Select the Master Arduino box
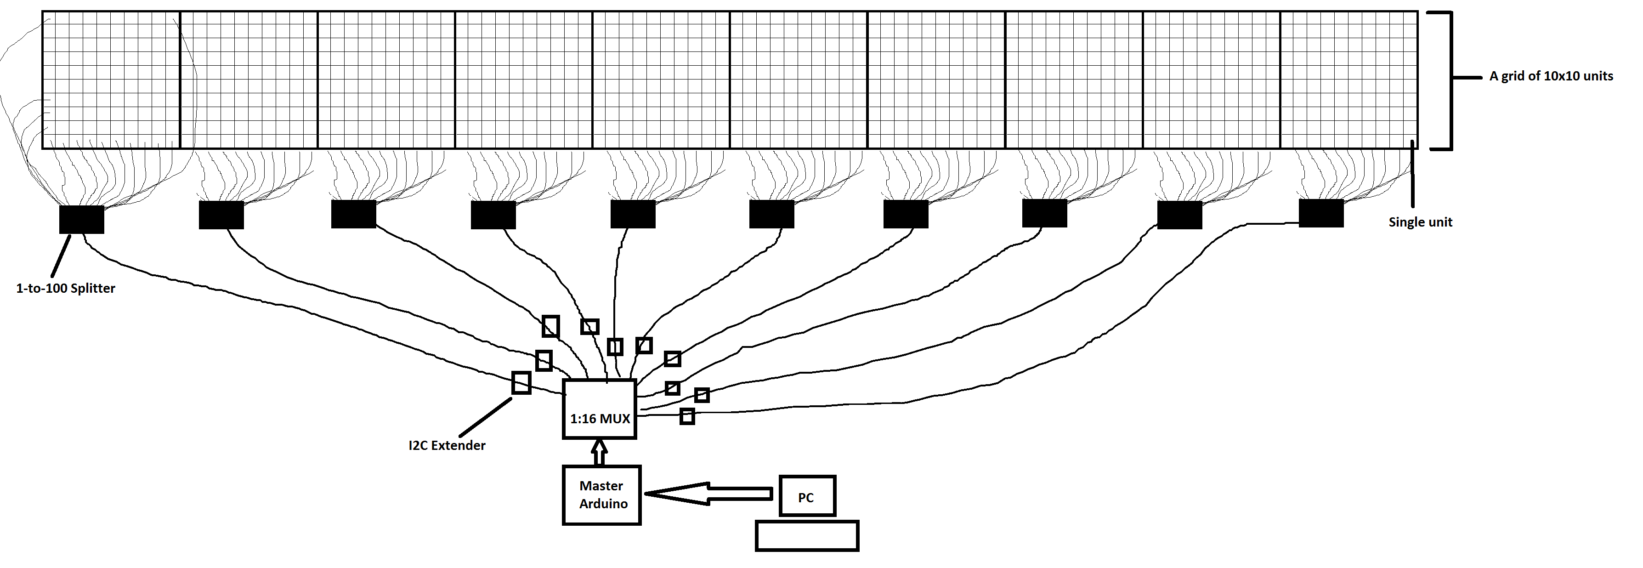tap(601, 495)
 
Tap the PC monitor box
tap(807, 496)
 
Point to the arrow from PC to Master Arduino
tap(708, 494)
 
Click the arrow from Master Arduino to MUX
tap(599, 452)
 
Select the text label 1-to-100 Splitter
tap(66, 289)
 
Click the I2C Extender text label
tap(447, 445)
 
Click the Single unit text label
tap(1421, 222)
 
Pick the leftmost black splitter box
tap(82, 220)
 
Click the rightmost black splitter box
tap(1321, 213)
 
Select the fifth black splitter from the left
tap(633, 215)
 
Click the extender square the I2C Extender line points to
tap(521, 382)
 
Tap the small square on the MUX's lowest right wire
tap(687, 416)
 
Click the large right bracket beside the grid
tap(1450, 80)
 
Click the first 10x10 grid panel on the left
tap(112, 80)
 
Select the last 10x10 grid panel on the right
tap(1348, 80)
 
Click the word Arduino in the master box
tap(603, 504)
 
